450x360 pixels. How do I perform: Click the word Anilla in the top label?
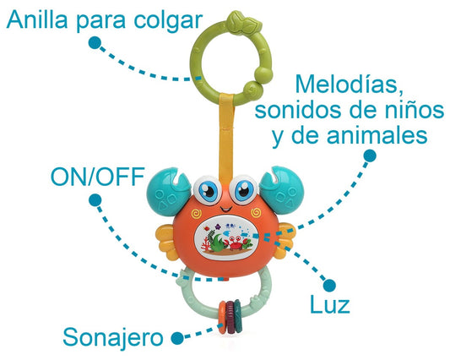click(37, 19)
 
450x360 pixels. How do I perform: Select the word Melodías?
click(350, 84)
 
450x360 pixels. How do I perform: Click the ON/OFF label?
click(98, 177)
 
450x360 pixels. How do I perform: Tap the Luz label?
click(330, 305)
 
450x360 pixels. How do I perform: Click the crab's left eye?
click(207, 189)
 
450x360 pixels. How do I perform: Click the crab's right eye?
click(244, 189)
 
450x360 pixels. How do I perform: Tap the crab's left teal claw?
click(169, 191)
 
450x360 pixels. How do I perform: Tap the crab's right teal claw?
click(281, 189)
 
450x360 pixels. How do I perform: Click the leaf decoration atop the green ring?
click(244, 23)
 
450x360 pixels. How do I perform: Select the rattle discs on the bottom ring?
click(230, 317)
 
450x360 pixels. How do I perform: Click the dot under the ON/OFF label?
click(95, 200)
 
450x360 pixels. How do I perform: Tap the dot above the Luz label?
click(329, 286)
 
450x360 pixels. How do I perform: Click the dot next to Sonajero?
click(177, 338)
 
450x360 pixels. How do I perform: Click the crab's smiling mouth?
click(226, 207)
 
